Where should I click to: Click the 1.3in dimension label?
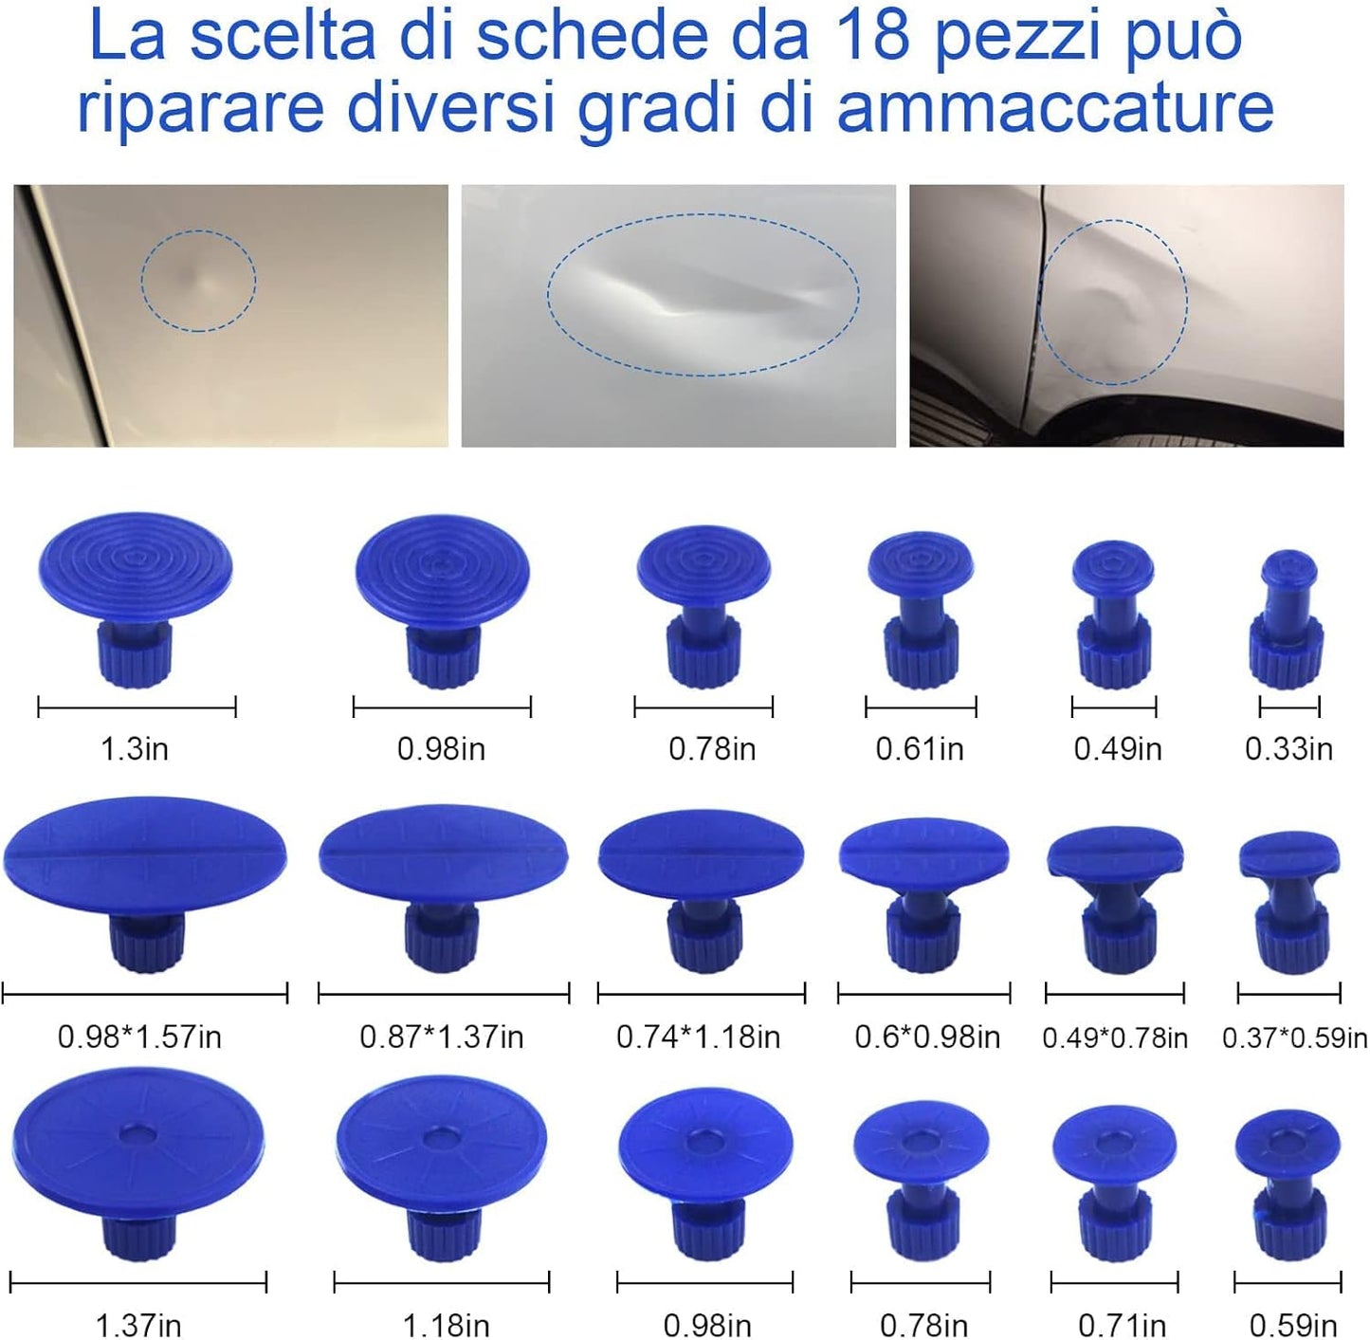coord(135,749)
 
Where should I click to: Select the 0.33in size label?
coord(1288,749)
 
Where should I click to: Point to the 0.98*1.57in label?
coord(139,1037)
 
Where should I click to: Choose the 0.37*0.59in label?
coord(1294,1037)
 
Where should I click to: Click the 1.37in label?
coord(138,1324)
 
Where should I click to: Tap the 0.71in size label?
coord(1122,1324)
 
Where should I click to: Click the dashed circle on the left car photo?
coord(198,281)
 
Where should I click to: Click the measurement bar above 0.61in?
coord(920,707)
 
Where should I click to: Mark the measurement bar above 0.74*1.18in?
coord(701,994)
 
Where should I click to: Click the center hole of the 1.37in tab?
coord(138,1134)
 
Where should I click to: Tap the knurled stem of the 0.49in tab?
coord(1113,652)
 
